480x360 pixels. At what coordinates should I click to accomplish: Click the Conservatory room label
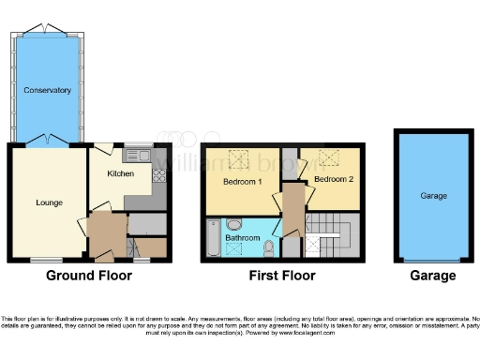click(x=48, y=91)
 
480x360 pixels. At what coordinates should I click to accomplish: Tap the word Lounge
click(x=49, y=202)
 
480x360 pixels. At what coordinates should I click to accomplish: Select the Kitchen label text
click(x=120, y=173)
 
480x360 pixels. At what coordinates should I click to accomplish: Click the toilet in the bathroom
click(x=270, y=247)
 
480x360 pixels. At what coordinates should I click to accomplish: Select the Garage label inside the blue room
click(x=433, y=197)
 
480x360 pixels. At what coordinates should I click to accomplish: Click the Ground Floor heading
click(x=90, y=276)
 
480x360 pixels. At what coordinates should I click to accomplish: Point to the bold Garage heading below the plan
click(x=433, y=276)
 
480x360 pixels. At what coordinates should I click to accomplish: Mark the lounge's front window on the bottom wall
click(x=41, y=260)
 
